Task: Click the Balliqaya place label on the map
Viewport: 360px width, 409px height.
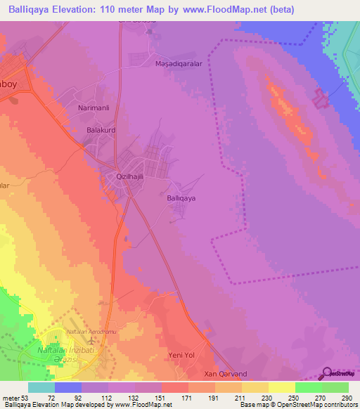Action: (181, 199)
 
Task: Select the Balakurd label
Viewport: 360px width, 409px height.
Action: (101, 131)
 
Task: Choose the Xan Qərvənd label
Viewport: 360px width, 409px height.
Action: (225, 375)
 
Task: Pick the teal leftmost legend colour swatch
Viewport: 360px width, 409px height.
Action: (41, 387)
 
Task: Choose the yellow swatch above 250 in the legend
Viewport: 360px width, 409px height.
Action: (281, 387)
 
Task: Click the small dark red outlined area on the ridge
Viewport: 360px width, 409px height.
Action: (321, 99)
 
